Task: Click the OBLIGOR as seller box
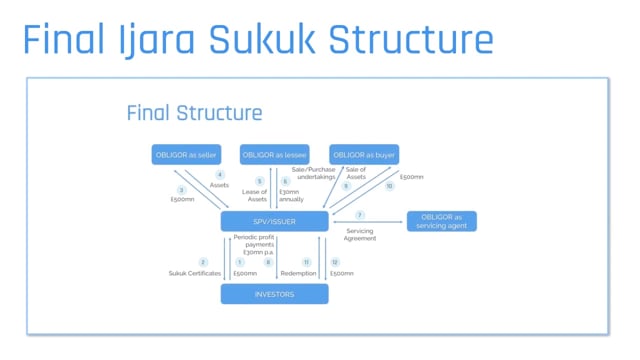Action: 185,155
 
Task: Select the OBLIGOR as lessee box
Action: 273,155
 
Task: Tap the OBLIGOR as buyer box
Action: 362,155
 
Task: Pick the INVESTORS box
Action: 274,293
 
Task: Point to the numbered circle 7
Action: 360,215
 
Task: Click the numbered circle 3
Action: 181,190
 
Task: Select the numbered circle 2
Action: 203,262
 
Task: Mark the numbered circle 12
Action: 336,262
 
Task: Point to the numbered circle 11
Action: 307,262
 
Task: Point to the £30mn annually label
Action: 291,195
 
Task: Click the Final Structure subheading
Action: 194,112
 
